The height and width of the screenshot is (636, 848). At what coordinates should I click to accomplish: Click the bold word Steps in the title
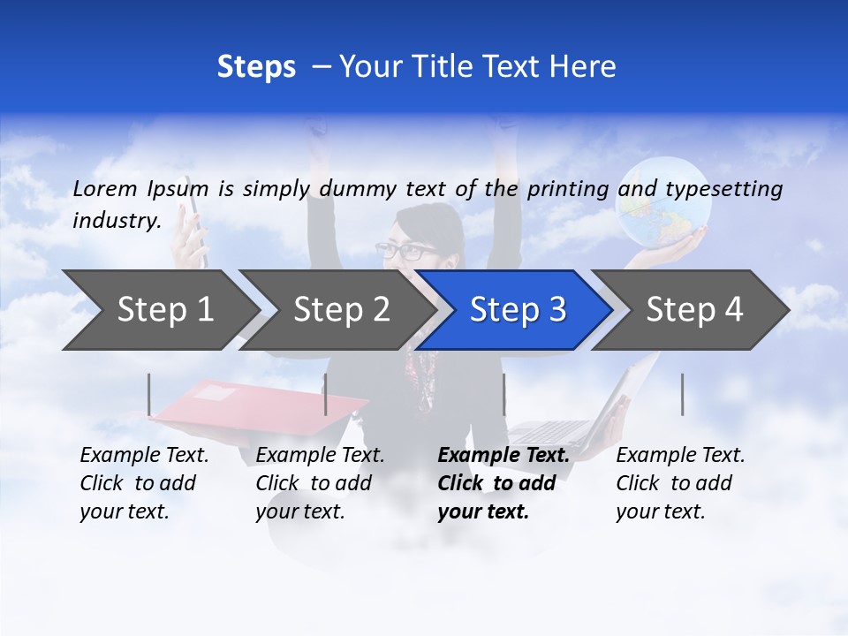pos(256,67)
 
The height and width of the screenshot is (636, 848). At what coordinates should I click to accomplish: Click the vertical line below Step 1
pos(149,394)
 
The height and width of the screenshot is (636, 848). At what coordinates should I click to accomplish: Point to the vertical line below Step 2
pos(326,394)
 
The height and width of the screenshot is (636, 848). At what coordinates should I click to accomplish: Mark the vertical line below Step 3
pos(503,394)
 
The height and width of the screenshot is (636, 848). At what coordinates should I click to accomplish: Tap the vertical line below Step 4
pos(682,394)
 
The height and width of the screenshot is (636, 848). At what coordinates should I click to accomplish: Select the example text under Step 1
pos(144,483)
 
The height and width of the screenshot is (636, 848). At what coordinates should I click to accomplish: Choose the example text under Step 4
pos(680,483)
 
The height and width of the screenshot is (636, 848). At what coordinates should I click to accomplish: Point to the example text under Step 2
pos(320,483)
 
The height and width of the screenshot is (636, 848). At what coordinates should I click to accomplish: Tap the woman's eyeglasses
pos(402,251)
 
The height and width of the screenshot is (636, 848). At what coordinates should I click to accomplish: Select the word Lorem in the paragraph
pos(105,189)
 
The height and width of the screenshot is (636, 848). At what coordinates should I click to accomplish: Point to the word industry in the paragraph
pos(117,221)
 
